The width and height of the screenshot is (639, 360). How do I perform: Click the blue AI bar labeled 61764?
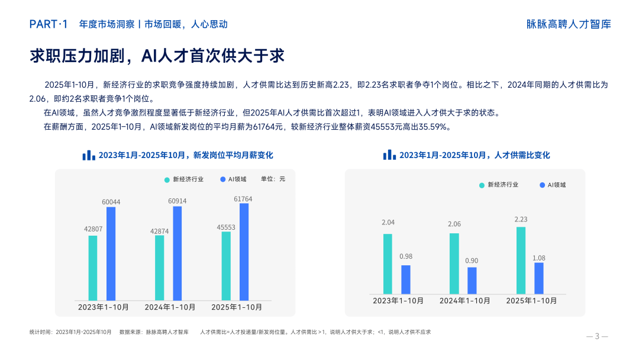[x=244, y=252]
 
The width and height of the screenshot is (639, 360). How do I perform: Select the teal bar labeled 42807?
[x=93, y=268]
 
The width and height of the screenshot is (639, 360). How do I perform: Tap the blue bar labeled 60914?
[x=177, y=253]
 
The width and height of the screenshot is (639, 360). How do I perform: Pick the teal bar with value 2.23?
[x=521, y=260]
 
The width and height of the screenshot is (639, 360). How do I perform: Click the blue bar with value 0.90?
[x=472, y=280]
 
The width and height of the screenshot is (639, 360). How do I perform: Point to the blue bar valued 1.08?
[x=538, y=278]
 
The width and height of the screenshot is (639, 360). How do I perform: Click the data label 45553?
[x=226, y=227]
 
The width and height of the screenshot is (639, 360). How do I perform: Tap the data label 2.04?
[x=388, y=223]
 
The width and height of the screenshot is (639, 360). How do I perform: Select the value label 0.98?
[x=406, y=256]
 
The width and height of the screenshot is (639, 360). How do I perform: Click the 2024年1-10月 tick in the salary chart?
[x=170, y=307]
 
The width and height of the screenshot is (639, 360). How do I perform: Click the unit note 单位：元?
[x=273, y=179]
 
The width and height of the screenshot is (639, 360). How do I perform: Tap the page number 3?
[x=597, y=336]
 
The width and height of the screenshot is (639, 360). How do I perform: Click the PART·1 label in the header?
[x=49, y=24]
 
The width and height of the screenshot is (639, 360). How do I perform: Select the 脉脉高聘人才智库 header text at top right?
[x=569, y=24]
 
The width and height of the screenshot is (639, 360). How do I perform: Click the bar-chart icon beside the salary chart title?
[x=88, y=155]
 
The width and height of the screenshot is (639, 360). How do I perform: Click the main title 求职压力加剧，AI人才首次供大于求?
[x=157, y=56]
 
